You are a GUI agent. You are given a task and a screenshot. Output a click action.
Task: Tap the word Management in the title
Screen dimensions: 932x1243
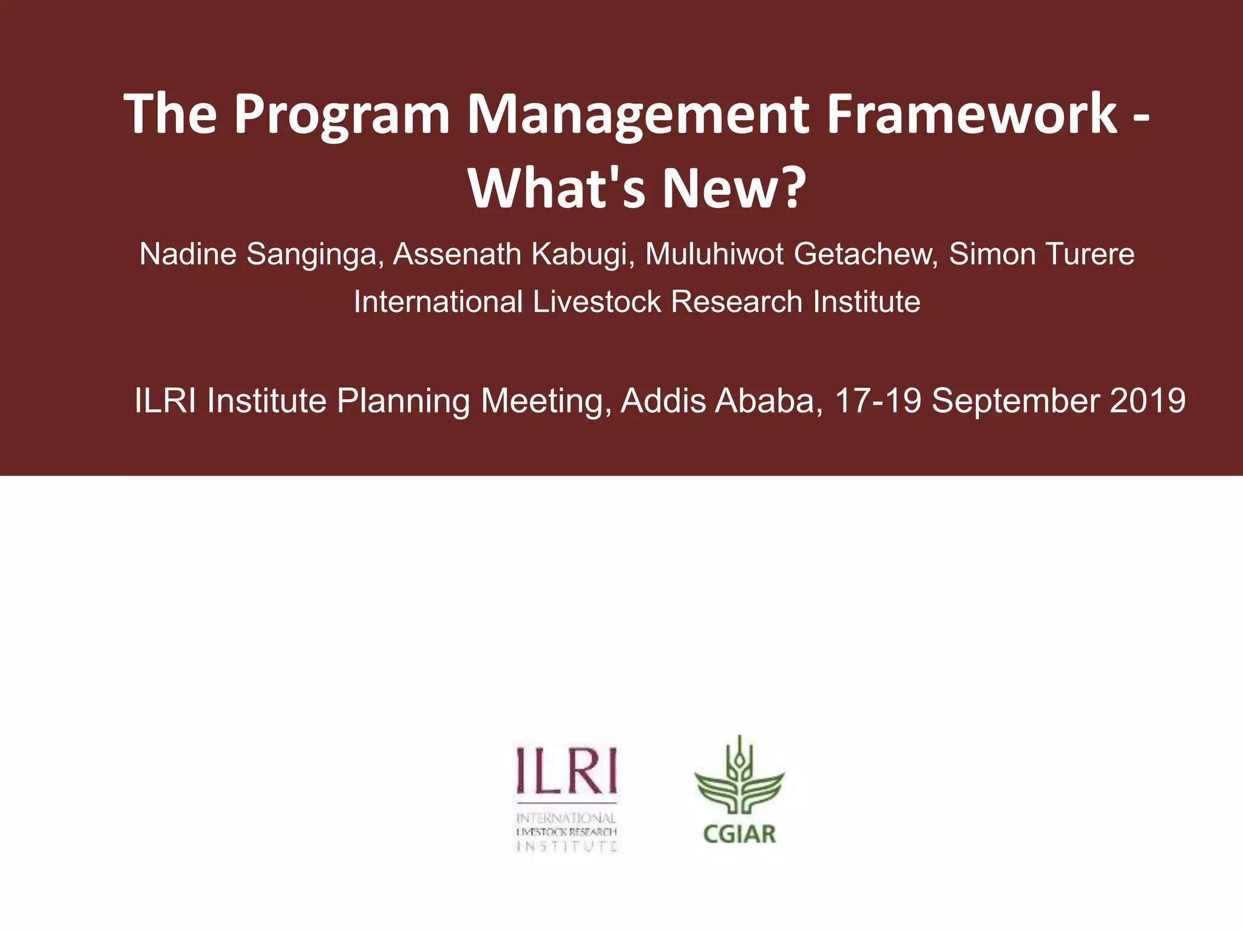point(637,115)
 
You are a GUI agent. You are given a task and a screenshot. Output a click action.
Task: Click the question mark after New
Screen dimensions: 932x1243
point(791,188)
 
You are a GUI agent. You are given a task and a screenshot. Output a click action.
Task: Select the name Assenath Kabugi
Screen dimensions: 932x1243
point(513,254)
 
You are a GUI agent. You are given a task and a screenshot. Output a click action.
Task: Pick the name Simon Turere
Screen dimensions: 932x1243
point(1041,254)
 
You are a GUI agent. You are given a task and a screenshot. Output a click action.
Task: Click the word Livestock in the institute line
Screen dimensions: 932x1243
point(597,302)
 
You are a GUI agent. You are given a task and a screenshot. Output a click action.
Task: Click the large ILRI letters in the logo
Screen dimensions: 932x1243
point(566,771)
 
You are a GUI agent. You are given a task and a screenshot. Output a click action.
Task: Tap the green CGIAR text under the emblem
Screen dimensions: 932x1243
point(739,834)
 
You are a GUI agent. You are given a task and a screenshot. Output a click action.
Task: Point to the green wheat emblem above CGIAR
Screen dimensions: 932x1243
point(739,780)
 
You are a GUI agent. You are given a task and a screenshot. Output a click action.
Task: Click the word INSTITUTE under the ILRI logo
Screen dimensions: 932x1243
point(566,846)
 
